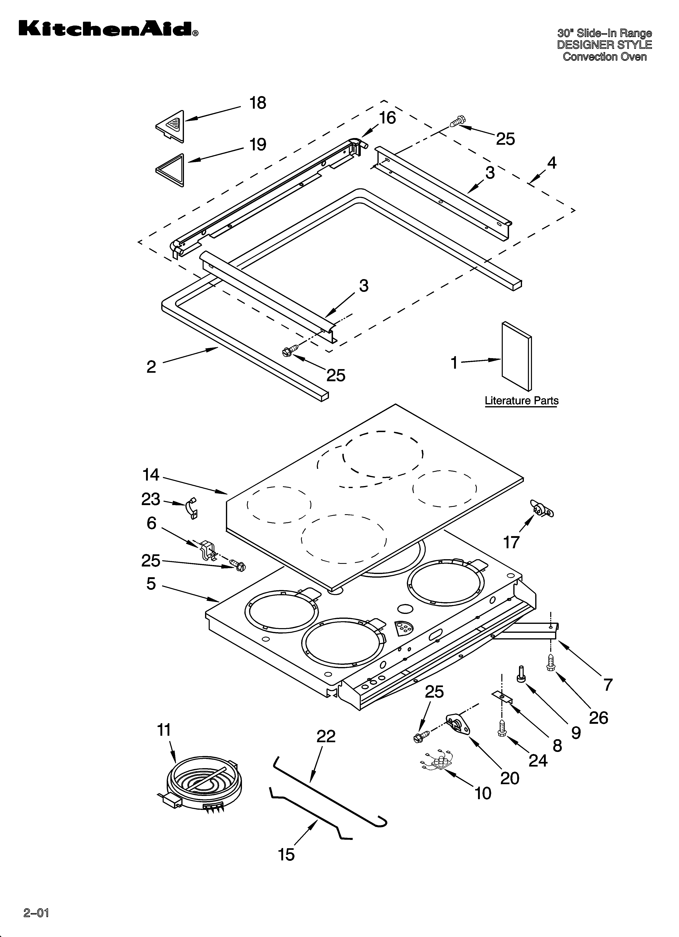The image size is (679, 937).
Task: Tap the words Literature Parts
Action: tap(521, 401)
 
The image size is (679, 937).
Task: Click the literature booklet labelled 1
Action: tap(517, 356)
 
